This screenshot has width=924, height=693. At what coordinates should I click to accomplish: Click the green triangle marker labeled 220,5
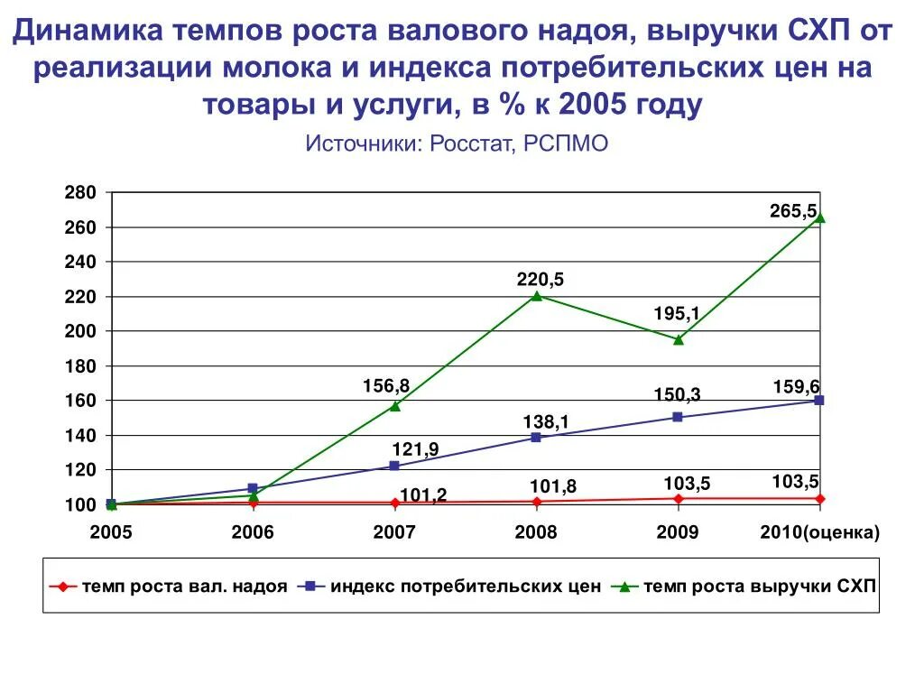coord(536,295)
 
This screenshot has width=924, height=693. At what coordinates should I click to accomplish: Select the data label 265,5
coord(793,212)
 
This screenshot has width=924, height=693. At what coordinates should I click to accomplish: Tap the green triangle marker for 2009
coord(679,339)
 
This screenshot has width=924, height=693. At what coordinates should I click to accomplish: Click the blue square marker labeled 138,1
coord(536,438)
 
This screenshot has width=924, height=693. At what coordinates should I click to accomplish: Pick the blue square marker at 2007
coord(394,466)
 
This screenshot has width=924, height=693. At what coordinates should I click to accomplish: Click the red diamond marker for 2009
coord(679,498)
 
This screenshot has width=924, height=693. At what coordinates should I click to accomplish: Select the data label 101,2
coord(424,494)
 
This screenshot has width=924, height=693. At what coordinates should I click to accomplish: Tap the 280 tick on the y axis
coord(79,193)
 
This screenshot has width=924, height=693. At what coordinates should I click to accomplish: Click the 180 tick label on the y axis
coord(79,366)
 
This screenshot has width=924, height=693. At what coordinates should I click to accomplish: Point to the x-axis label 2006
coord(253,532)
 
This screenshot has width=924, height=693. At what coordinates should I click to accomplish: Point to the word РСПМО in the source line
coord(563,143)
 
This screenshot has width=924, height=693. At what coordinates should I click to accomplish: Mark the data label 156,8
coord(387,386)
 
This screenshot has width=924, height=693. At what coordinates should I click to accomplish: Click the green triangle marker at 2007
coord(394,406)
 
